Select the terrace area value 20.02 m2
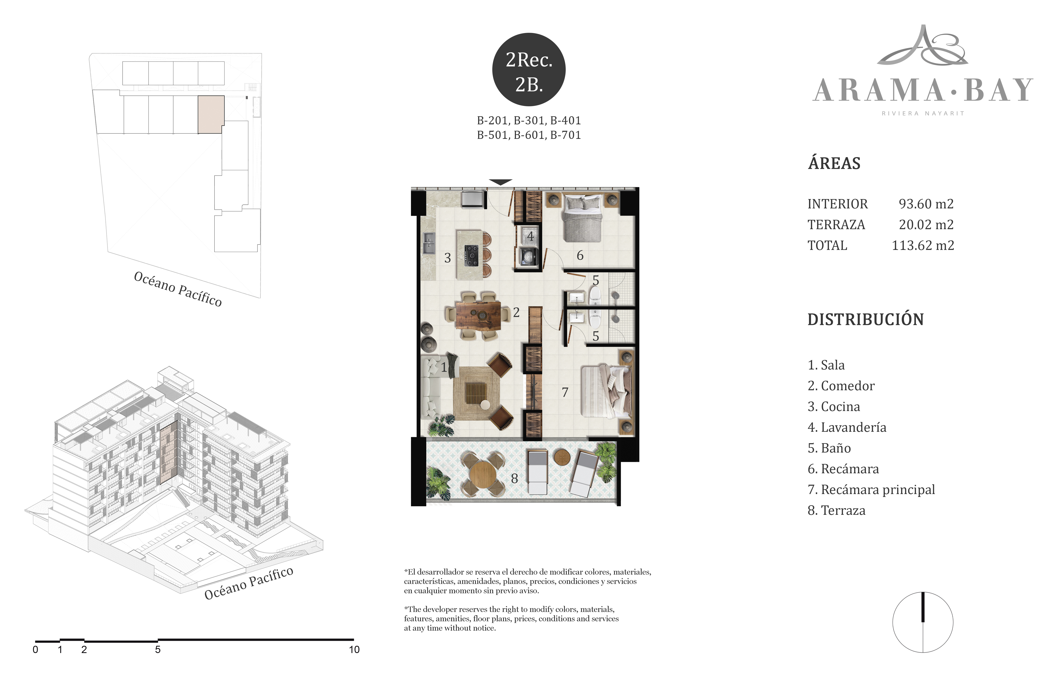[926, 225]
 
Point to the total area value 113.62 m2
[923, 246]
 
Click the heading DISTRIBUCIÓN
[865, 319]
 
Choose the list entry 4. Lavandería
[847, 427]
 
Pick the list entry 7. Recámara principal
[871, 490]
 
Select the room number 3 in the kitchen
[448, 258]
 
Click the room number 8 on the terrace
[514, 479]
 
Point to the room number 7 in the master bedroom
[565, 392]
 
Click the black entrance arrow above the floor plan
[501, 182]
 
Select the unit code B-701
[566, 135]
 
